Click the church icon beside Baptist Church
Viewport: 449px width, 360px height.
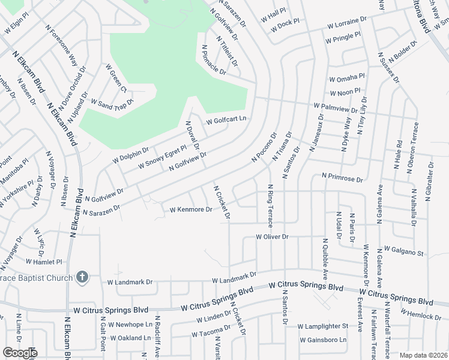point(82,277)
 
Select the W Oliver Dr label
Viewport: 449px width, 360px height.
point(273,237)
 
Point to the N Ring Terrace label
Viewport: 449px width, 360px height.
point(270,206)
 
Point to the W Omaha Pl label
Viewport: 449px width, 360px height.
point(346,78)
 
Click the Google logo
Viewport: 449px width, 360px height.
point(20,353)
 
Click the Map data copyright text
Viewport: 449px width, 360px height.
point(424,355)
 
